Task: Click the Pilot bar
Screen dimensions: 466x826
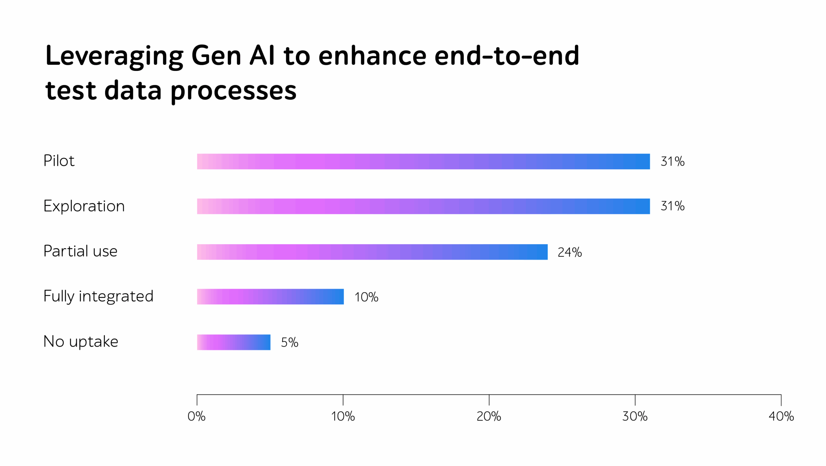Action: [x=423, y=161]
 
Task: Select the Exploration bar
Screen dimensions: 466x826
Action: [x=423, y=206]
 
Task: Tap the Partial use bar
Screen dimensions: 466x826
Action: [x=372, y=252]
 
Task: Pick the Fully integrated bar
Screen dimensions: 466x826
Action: [x=270, y=296]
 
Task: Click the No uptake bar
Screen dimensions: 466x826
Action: [x=234, y=342]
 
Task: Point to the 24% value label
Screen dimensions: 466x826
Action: [x=569, y=252]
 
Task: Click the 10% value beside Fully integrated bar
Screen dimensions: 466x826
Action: [x=366, y=297]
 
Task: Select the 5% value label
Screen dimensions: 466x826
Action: [x=289, y=342]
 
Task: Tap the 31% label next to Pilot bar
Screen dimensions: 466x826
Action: [x=672, y=161]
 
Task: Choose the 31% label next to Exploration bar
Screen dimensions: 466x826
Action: [x=672, y=206]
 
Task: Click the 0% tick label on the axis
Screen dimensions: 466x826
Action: [x=196, y=416]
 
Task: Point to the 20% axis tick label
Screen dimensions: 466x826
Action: [x=489, y=416]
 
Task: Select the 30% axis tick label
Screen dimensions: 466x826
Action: [x=635, y=416]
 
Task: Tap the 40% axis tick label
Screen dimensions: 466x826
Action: [x=781, y=416]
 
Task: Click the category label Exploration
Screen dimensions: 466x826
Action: [x=84, y=206]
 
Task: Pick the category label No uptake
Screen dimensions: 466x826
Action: [x=81, y=342]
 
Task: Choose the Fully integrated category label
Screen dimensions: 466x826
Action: [x=98, y=296]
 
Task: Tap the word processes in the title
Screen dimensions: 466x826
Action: [x=233, y=91]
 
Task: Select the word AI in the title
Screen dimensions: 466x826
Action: [x=262, y=55]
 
